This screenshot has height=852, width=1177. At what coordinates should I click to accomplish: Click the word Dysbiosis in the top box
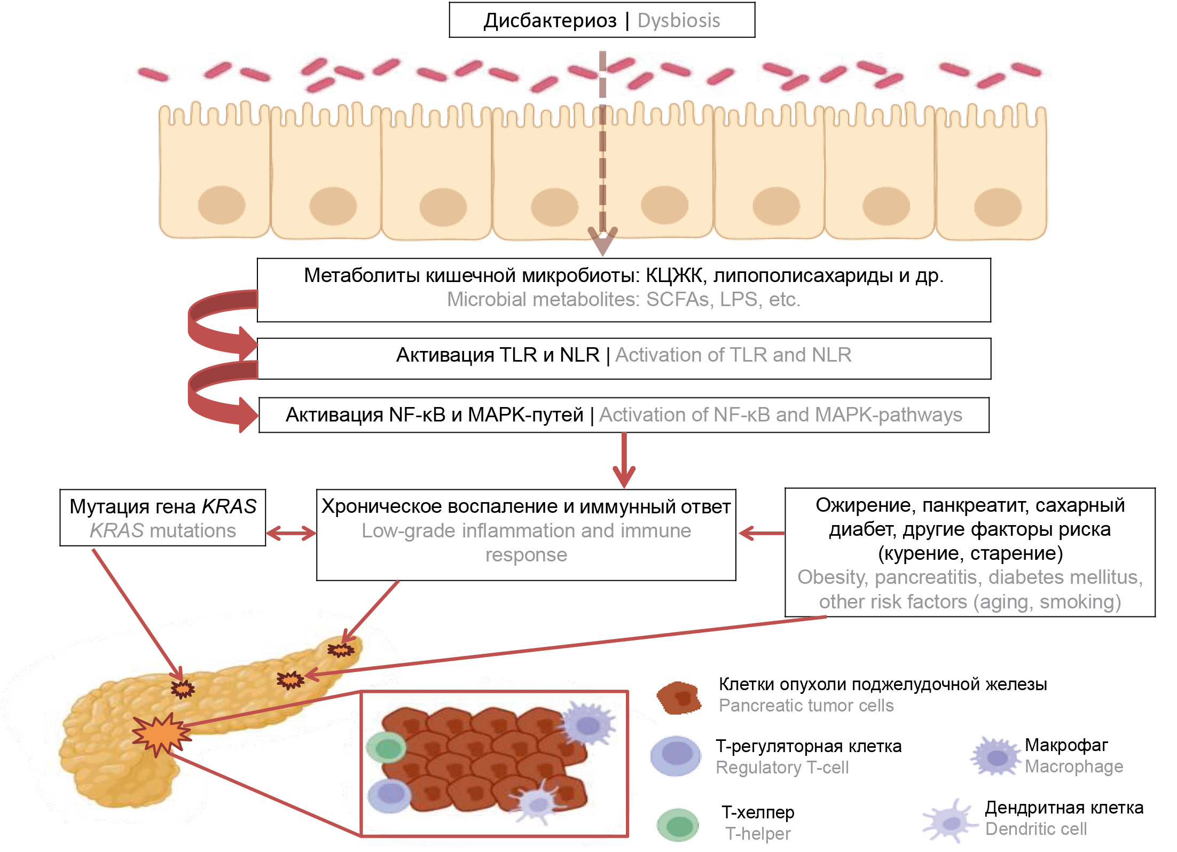click(x=678, y=21)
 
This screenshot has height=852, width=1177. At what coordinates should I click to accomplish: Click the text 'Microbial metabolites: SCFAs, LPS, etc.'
click(x=623, y=300)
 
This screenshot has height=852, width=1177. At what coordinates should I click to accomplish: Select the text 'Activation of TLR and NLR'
click(x=733, y=355)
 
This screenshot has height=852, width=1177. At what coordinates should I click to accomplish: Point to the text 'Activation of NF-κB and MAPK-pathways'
click(x=780, y=415)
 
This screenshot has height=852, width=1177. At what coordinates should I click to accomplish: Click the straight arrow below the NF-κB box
click(x=624, y=459)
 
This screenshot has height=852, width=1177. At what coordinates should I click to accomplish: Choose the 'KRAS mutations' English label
click(x=163, y=531)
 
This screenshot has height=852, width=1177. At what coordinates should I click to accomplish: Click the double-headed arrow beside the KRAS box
click(x=291, y=533)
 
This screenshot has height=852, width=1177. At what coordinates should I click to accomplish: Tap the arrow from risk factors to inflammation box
click(x=762, y=533)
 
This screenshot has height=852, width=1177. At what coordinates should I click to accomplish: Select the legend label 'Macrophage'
click(x=1074, y=767)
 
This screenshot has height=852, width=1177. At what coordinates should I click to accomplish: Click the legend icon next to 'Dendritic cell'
click(x=950, y=822)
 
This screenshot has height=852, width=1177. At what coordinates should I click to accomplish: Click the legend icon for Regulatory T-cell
click(x=676, y=755)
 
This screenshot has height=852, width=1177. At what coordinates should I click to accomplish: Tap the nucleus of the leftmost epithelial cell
click(x=221, y=205)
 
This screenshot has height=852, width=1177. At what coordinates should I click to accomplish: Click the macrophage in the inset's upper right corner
click(x=588, y=724)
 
